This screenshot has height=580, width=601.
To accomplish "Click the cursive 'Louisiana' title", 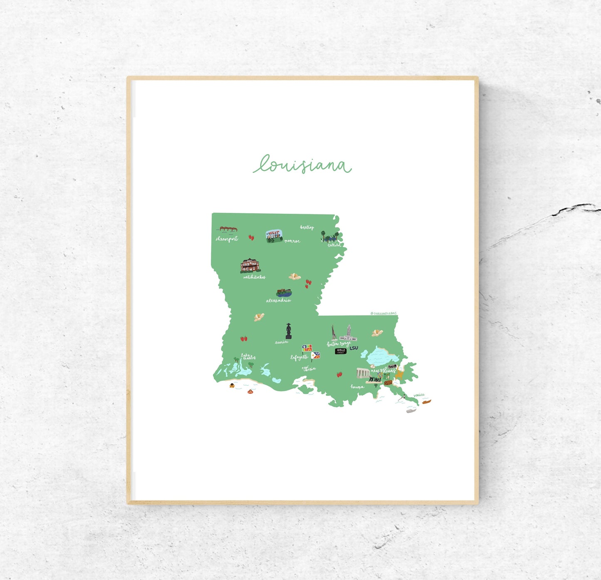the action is (302, 164).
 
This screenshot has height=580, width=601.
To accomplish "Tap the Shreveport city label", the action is (227, 239).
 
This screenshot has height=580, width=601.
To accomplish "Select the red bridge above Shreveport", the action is (228, 229).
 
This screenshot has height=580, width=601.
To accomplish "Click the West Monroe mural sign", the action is (274, 236).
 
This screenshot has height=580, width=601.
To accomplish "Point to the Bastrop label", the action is (307, 227).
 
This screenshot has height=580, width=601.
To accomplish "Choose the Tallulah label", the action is (334, 245).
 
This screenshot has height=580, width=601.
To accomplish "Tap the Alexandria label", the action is (278, 300).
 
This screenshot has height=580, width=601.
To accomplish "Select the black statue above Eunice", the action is (288, 331).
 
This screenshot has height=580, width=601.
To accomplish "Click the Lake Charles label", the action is (248, 357).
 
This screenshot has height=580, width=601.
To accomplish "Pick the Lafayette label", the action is (299, 357).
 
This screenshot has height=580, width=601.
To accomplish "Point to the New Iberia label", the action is (309, 368).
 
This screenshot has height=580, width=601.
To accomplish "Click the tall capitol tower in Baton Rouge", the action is (349, 333).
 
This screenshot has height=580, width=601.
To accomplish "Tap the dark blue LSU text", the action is (354, 348).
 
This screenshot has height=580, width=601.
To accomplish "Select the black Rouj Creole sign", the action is (340, 351).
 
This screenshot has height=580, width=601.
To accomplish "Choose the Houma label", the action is (357, 387).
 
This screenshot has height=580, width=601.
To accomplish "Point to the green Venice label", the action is (419, 395).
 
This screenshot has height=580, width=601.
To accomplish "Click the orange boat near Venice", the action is (426, 402).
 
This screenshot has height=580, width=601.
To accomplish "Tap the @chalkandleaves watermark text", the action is (383, 313).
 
